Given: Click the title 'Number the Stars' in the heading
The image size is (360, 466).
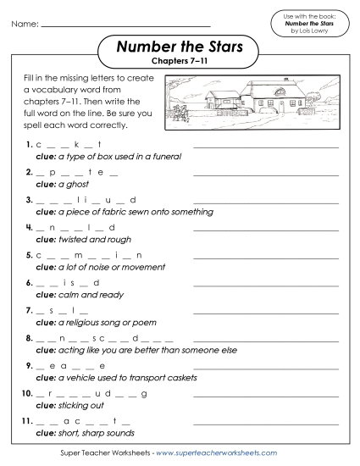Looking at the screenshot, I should pyautogui.click(x=180, y=47).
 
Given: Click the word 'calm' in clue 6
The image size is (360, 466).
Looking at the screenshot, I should pyautogui.click(x=68, y=293).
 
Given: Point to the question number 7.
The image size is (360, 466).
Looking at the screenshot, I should pyautogui.click(x=30, y=310).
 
